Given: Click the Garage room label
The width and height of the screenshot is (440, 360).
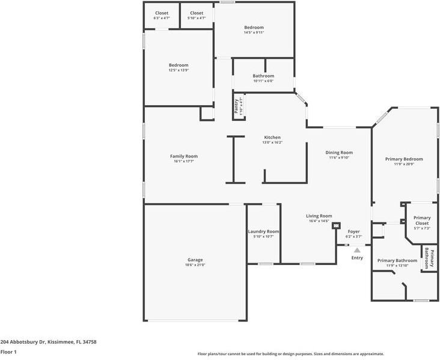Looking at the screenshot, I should pyautogui.click(x=195, y=260).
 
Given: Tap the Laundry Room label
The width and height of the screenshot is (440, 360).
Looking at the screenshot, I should pyautogui.click(x=263, y=231).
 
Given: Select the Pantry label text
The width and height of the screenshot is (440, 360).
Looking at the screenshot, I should pyautogui.click(x=236, y=106).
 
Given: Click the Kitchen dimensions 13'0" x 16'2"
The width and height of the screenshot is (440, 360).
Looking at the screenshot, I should pyautogui.click(x=272, y=142).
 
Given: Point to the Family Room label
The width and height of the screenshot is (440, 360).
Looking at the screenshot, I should pyautogui.click(x=183, y=156).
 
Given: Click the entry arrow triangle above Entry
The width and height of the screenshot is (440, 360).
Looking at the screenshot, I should pyautogui.click(x=357, y=250).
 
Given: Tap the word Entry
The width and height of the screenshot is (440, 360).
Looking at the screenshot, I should pyautogui.click(x=357, y=258).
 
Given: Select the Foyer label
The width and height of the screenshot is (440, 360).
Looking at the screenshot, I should pyautogui.click(x=354, y=231).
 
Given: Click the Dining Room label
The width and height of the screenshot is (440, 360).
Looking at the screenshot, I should pyautogui.click(x=339, y=153).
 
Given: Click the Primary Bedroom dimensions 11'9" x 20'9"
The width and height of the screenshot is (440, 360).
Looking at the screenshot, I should pyautogui.click(x=404, y=164).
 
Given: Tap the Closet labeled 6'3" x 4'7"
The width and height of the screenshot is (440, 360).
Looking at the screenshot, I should pyautogui.click(x=162, y=13).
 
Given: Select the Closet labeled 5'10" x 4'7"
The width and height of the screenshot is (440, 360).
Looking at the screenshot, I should pyautogui.click(x=197, y=13).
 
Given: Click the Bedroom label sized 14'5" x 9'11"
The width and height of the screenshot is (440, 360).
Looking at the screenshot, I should pyautogui.click(x=254, y=28).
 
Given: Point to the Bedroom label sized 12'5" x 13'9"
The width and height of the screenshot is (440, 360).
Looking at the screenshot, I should pyautogui.click(x=179, y=65).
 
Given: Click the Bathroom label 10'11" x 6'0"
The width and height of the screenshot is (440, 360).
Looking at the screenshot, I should pyautogui.click(x=263, y=76).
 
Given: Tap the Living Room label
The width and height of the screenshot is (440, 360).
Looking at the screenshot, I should pyautogui.click(x=319, y=216).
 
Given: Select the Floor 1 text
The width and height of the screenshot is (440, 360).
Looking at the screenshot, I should pyautogui.click(x=8, y=352).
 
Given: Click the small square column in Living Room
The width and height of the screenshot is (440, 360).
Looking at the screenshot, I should pyautogui.click(x=336, y=226).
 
